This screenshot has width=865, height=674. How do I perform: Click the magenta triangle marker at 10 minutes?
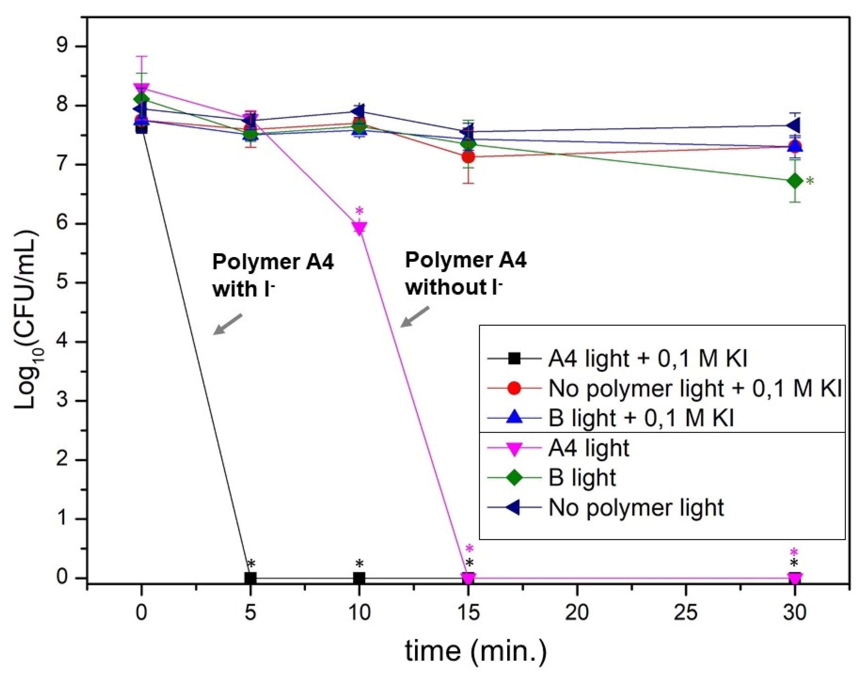[x=359, y=228]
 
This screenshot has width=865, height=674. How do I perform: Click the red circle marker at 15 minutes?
[x=468, y=157]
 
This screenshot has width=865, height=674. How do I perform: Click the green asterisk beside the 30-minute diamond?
[x=810, y=182]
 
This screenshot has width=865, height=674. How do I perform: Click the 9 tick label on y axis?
[x=66, y=47]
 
